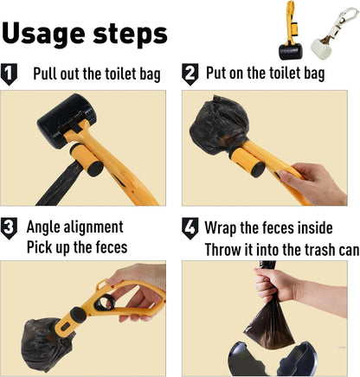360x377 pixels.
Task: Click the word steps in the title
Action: coord(129,35)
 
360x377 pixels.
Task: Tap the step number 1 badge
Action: coord(10,74)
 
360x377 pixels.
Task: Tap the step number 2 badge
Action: coord(190,73)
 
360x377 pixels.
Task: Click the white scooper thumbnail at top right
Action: coord(333,29)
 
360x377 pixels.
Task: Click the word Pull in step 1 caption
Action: coord(47,73)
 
